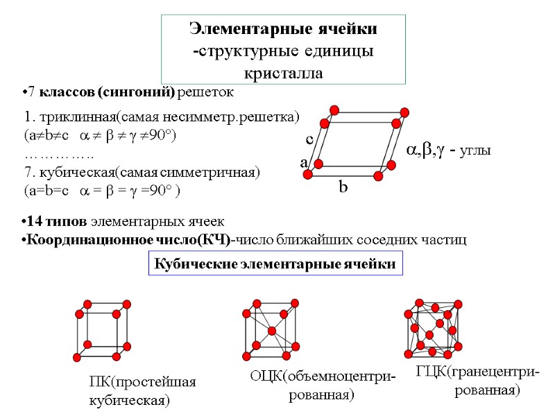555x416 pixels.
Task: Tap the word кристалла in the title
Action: click(x=283, y=73)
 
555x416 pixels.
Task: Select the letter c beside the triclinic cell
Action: click(x=310, y=139)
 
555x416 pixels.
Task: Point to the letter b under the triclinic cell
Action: click(x=342, y=187)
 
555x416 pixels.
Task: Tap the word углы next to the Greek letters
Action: click(x=471, y=150)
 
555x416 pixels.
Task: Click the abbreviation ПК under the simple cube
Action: click(x=99, y=382)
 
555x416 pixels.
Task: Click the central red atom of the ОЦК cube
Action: click(x=271, y=331)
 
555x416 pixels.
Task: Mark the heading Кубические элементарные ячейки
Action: click(x=275, y=264)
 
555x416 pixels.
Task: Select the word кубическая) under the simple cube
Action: click(x=130, y=400)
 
